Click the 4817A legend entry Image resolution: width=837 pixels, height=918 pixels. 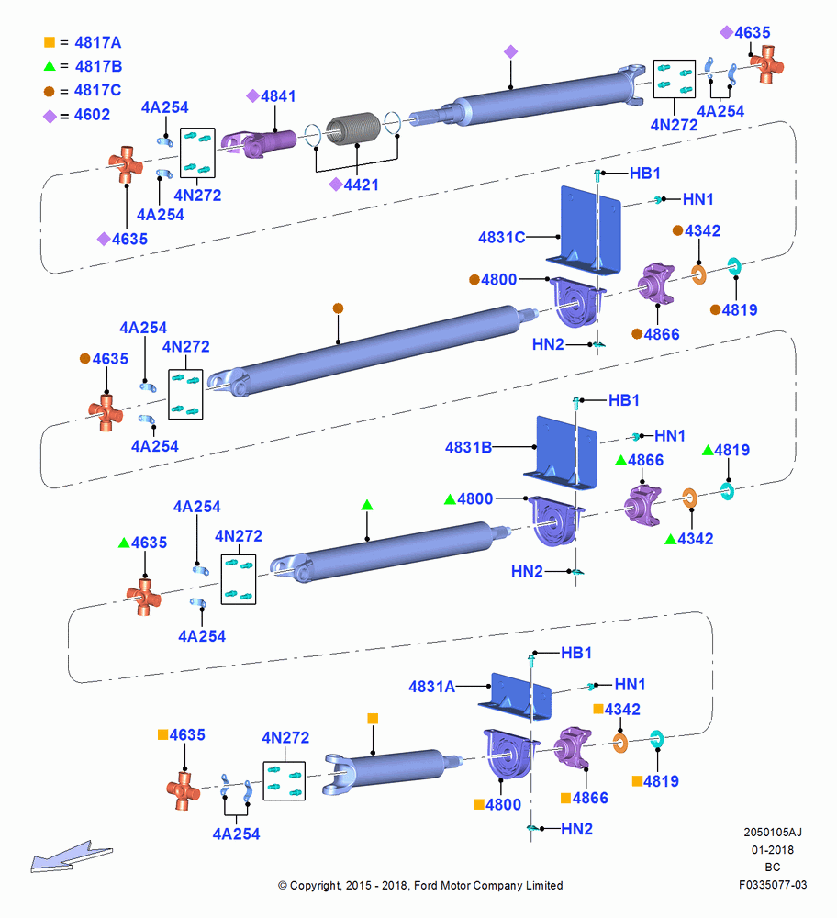coord(83,42)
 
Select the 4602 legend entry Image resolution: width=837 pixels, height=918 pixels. coord(77,115)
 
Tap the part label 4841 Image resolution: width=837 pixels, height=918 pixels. coord(272,96)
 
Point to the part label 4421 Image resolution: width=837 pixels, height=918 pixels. coord(354,185)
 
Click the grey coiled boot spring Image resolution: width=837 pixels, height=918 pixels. coord(353,129)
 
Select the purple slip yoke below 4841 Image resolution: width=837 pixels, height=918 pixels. coord(260,143)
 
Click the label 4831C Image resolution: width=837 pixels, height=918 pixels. coord(502,237)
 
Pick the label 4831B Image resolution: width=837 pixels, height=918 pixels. coord(468,447)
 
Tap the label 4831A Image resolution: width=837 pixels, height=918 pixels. coord(432,686)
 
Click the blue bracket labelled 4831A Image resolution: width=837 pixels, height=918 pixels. coord(516,697)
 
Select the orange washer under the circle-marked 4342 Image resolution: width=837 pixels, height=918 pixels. coord(698,274)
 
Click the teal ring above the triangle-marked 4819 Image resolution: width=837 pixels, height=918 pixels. coord(727,490)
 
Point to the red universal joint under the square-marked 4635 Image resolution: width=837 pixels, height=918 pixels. coord(184,790)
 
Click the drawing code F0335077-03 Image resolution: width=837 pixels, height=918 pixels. coord(773,885)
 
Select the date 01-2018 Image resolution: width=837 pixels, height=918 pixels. coord(773,849)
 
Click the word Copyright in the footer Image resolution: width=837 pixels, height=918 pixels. coord(316,886)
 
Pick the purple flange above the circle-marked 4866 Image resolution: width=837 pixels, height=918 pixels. coord(656,284)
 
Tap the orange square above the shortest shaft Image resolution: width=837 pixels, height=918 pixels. coord(373,719)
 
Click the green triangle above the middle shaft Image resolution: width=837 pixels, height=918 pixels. coord(367,505)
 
